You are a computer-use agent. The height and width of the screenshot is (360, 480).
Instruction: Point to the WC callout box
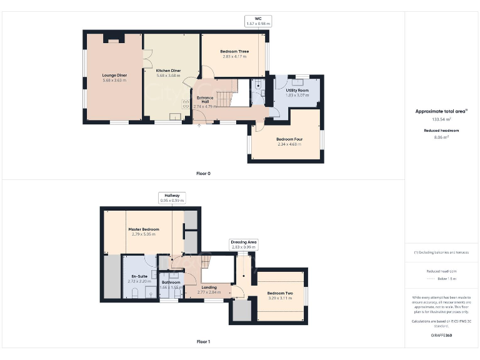(x=257, y=21)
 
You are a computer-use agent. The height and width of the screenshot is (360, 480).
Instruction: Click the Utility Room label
(x=297, y=92)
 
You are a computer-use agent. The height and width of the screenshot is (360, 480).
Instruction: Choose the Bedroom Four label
(x=289, y=141)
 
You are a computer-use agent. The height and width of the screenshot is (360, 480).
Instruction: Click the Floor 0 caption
(x=203, y=173)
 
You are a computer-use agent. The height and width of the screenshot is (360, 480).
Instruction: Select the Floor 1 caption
(x=203, y=342)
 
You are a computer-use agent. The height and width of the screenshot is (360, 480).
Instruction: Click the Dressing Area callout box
(x=244, y=244)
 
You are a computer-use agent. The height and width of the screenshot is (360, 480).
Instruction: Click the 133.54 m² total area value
(x=441, y=119)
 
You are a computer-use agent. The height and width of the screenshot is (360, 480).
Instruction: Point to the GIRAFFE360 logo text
(x=441, y=336)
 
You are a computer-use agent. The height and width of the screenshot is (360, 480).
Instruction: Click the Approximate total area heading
(x=441, y=111)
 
